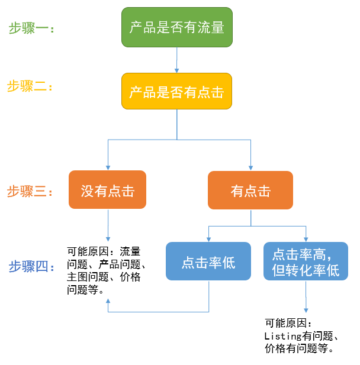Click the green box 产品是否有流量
click(177, 27)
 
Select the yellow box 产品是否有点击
click(177, 91)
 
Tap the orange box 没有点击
click(107, 190)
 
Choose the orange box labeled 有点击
click(250, 190)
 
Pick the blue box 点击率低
click(208, 261)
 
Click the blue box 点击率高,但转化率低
click(306, 261)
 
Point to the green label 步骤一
click(31, 28)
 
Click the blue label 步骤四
click(31, 267)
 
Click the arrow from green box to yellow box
click(177, 60)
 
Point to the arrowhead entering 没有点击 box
click(107, 167)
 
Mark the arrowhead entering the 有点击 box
click(250, 167)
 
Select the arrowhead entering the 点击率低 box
click(208, 238)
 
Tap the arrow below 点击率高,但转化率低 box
click(306, 296)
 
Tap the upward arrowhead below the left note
click(107, 302)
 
